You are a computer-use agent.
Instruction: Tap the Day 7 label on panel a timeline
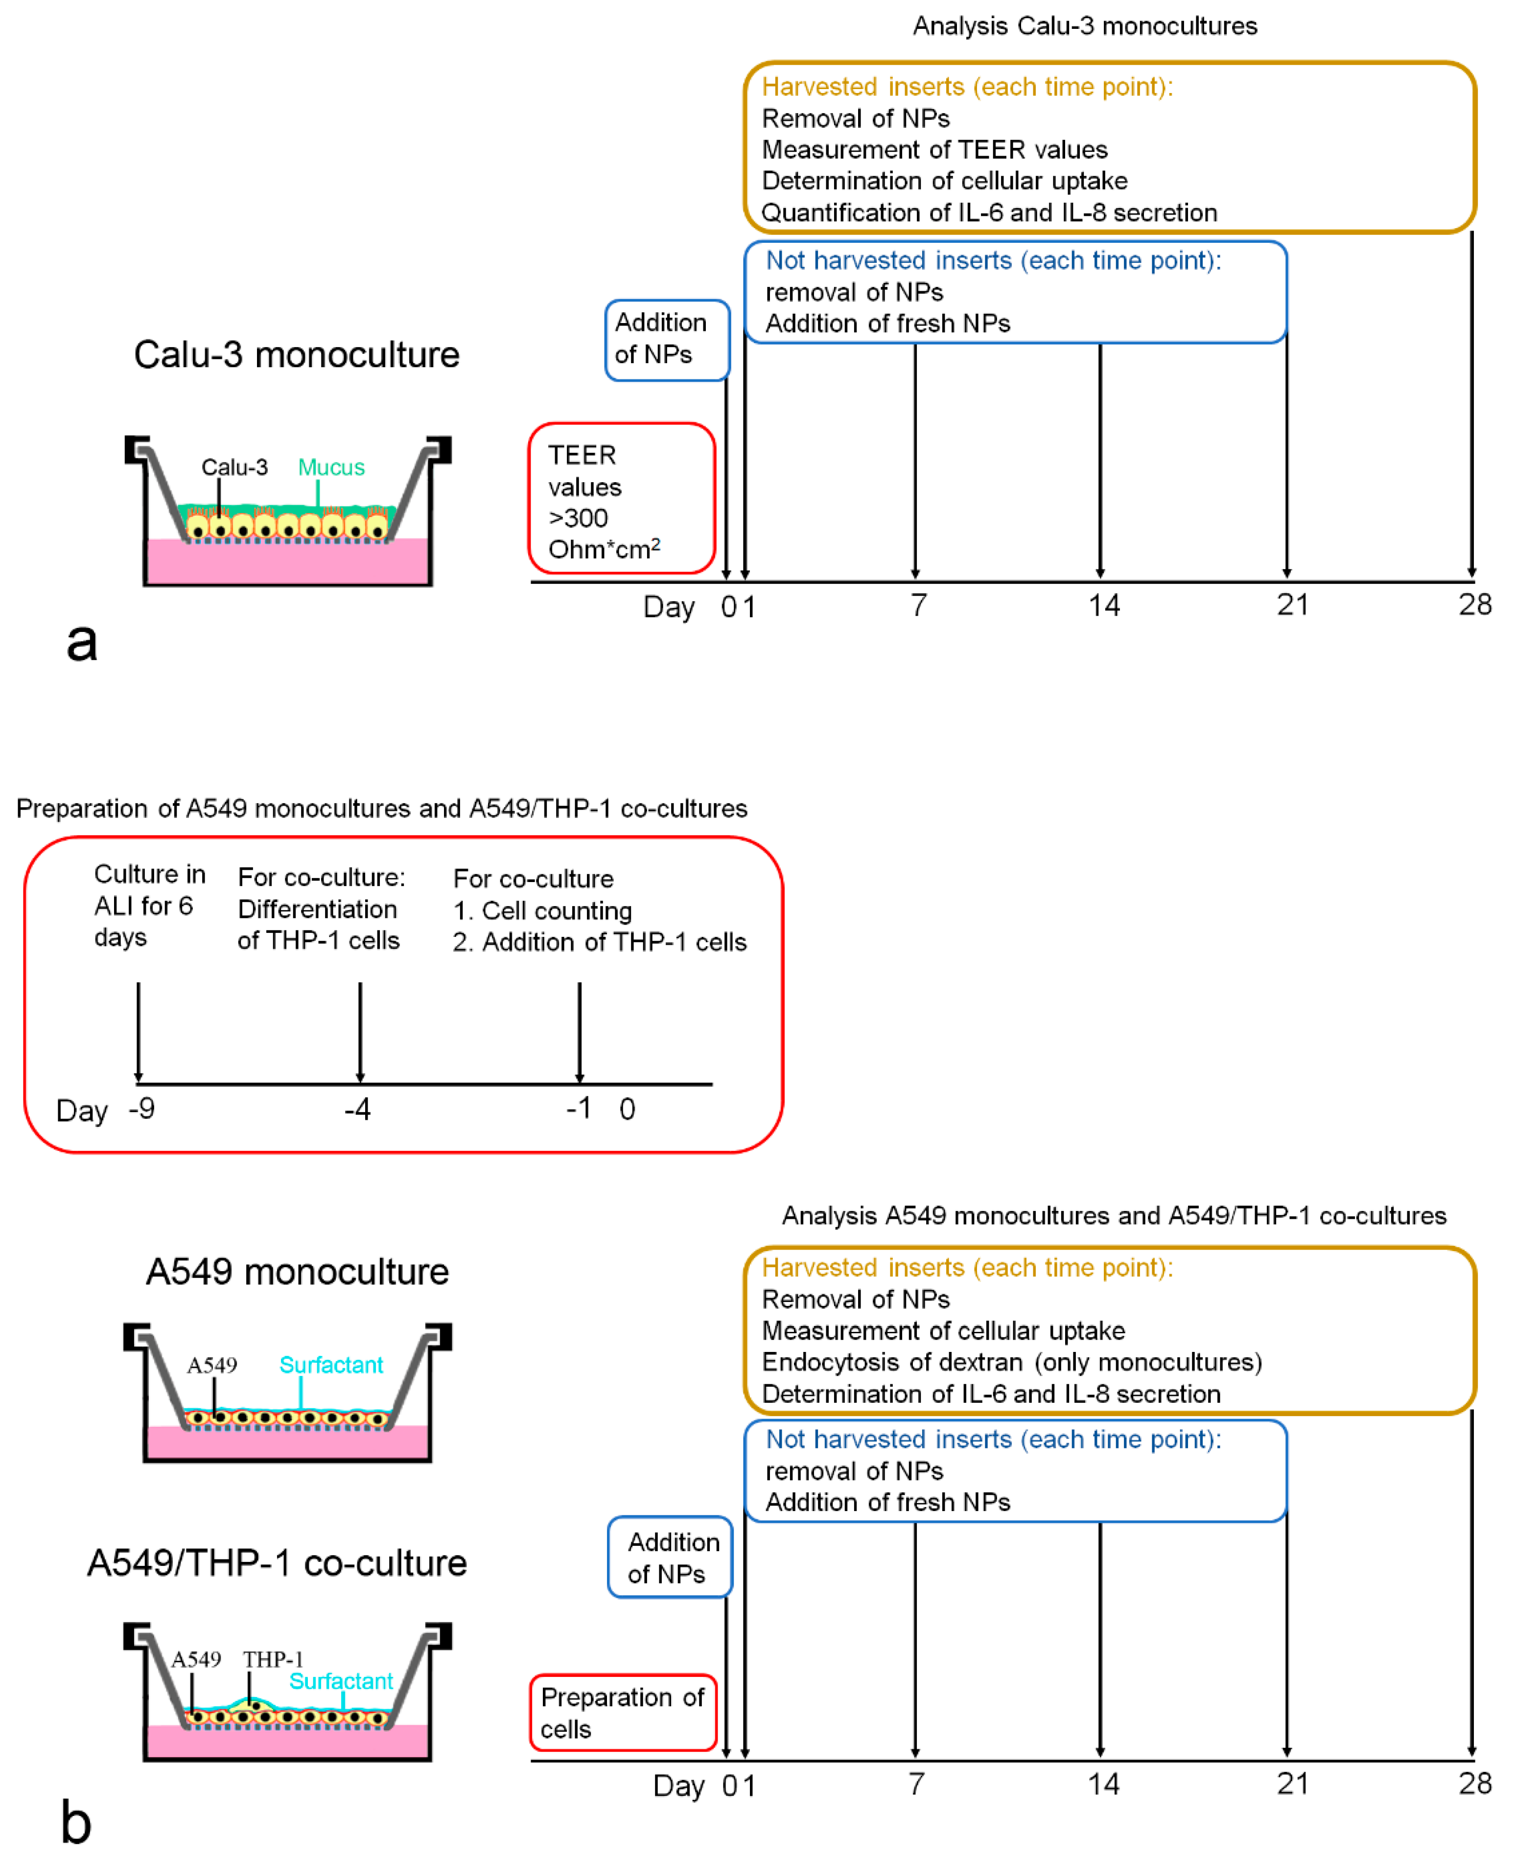coord(918,605)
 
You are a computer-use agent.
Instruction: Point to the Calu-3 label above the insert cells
coord(234,467)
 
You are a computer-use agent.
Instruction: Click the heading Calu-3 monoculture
coord(297,355)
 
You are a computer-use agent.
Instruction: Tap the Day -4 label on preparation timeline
coord(357,1109)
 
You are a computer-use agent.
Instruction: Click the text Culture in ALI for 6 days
coord(149,905)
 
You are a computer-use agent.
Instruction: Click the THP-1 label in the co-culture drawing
coord(273,1659)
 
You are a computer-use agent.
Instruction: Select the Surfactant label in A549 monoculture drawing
coord(330,1365)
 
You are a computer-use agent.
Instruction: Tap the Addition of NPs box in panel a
coord(667,339)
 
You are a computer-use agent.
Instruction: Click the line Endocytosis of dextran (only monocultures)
coord(1012,1362)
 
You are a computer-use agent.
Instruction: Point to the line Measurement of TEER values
coord(934,150)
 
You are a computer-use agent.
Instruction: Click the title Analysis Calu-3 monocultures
coord(1084,26)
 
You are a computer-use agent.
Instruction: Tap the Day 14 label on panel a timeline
coord(1103,605)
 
